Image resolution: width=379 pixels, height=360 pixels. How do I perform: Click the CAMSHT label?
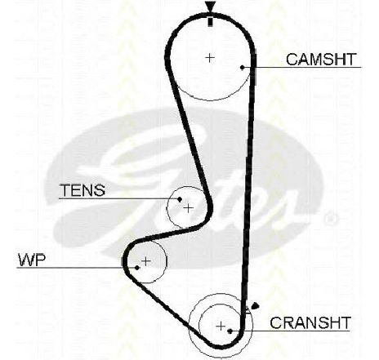pos(321,60)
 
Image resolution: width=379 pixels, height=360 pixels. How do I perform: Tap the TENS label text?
pos(82,190)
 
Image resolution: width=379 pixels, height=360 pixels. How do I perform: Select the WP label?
pos(31,260)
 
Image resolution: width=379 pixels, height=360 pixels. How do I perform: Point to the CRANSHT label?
pos(310,323)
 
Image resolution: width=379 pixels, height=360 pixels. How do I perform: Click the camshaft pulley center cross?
pos(210,58)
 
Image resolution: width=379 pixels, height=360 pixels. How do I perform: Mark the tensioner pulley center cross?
pos(189,209)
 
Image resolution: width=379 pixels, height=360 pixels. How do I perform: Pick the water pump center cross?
pos(146,261)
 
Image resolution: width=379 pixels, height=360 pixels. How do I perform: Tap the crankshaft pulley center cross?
pos(221,326)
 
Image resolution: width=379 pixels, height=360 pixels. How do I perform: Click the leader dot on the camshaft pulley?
pos(242,67)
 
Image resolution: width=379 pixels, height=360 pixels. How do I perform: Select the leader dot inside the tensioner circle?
pos(180,199)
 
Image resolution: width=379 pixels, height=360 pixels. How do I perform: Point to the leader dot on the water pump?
pos(137,268)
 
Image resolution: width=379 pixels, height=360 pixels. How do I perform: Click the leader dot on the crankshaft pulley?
pos(230,331)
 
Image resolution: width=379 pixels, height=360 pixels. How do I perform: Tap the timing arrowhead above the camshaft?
pos(210,6)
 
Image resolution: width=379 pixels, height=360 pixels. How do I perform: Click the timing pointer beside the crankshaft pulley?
pos(255,306)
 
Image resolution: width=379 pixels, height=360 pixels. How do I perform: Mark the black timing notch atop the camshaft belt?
pos(210,22)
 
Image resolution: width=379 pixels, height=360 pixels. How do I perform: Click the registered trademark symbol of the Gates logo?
pos(330,219)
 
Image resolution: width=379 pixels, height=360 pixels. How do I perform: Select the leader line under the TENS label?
pos(119,199)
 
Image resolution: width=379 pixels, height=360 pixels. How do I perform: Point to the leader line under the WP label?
pos(77,268)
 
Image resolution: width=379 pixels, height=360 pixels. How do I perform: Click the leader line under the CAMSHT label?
pos(301,67)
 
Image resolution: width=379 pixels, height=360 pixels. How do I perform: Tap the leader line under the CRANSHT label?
pos(290,331)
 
